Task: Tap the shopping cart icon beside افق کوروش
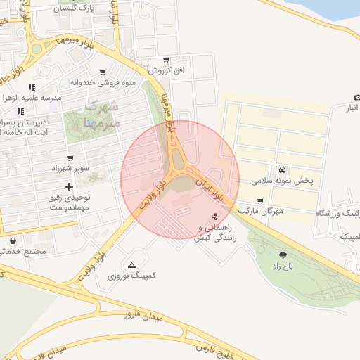pos(165,60)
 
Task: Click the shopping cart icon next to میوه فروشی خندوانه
pos(103,72)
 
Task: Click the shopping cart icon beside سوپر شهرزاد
pos(70,158)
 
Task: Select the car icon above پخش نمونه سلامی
pos(282,169)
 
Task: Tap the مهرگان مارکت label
pos(260,211)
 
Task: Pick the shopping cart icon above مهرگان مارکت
pos(261,201)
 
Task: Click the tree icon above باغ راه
pos(283,255)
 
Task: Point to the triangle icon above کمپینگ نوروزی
pos(131,265)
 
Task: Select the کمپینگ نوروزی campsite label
pos(131,276)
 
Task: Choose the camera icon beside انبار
pos(356,97)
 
